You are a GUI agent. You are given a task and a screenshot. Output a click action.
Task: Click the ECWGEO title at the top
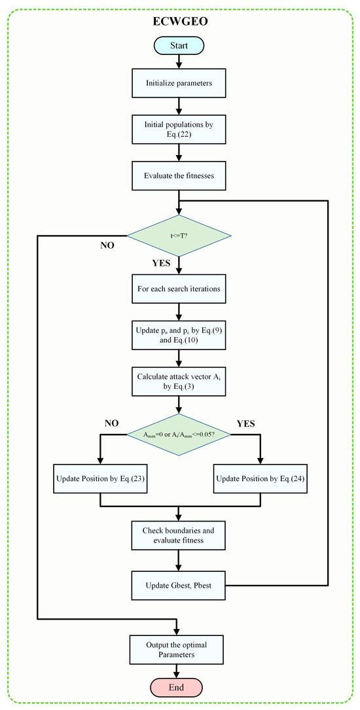(x=179, y=21)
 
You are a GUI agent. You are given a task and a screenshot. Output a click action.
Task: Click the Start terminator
(x=179, y=45)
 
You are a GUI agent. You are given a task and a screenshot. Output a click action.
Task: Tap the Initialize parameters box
(x=179, y=84)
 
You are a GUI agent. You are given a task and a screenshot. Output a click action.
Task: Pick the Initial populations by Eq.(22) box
(x=179, y=129)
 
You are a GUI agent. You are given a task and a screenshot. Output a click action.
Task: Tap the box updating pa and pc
(x=179, y=334)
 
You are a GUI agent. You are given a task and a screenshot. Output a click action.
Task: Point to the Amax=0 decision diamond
(x=179, y=434)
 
